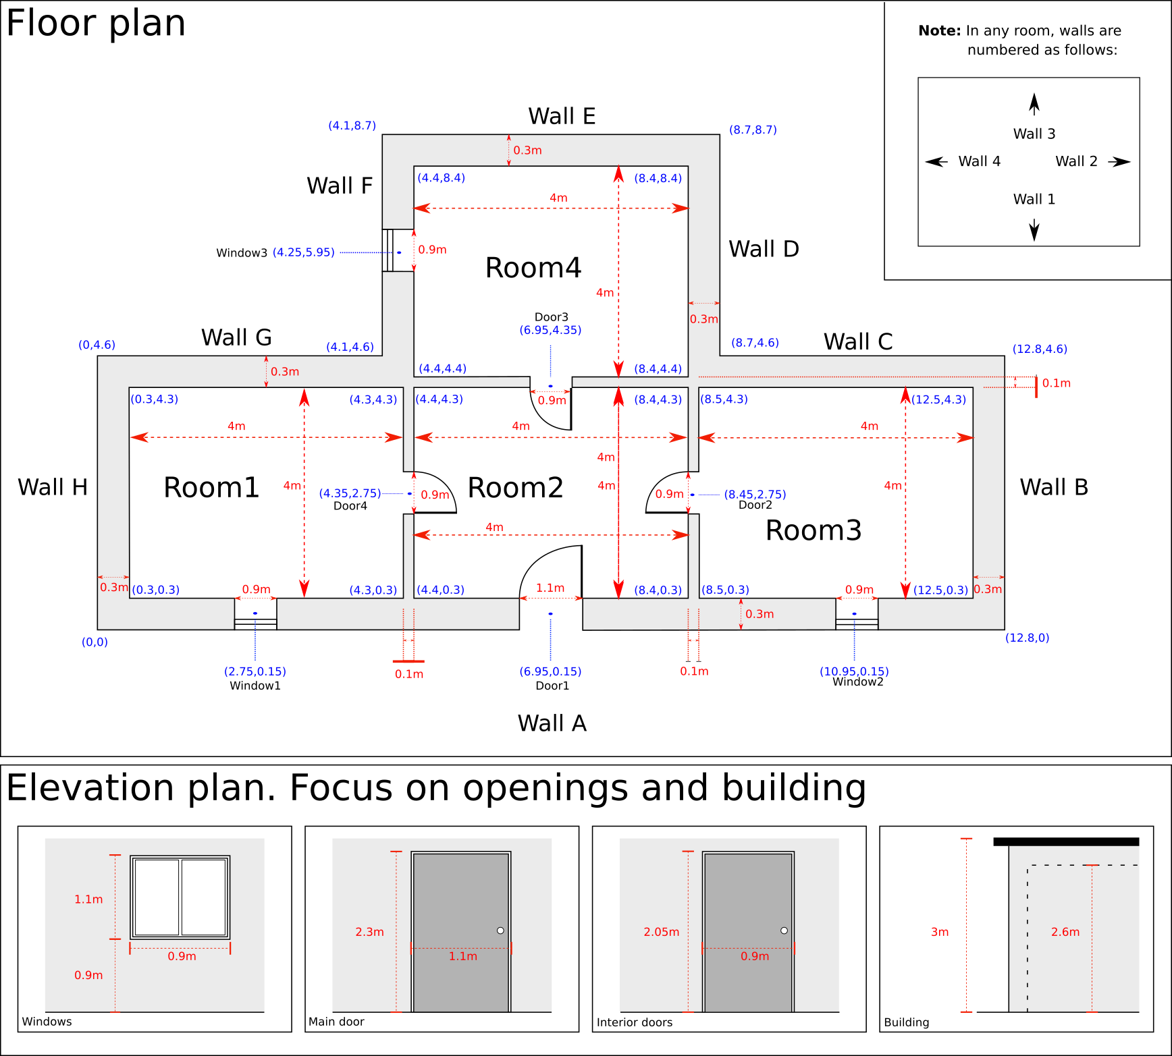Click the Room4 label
pyautogui.click(x=533, y=268)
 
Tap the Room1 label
pyautogui.click(x=211, y=487)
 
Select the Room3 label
pyautogui.click(x=814, y=530)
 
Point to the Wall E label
pyautogui.click(x=562, y=116)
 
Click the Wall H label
pyautogui.click(x=53, y=487)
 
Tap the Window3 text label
pyautogui.click(x=242, y=253)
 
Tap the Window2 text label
pyautogui.click(x=857, y=682)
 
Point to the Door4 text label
pyautogui.click(x=350, y=506)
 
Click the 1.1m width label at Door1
pyautogui.click(x=550, y=588)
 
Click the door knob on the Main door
pyautogui.click(x=500, y=930)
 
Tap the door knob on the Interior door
pyautogui.click(x=784, y=930)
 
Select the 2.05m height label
pyautogui.click(x=662, y=932)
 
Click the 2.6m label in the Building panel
pyautogui.click(x=1065, y=932)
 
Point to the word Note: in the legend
pyautogui.click(x=939, y=30)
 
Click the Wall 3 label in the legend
pyautogui.click(x=1034, y=134)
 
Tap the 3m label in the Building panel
pyautogui.click(x=940, y=932)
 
